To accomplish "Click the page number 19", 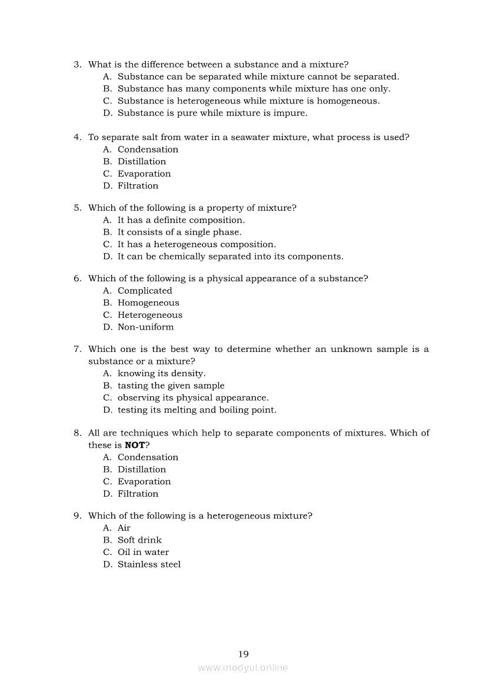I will (244, 654).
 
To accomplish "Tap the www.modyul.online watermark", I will (243, 668).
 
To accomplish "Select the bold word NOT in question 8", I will (135, 445).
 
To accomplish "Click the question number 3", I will (77, 65).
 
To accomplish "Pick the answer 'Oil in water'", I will (143, 552).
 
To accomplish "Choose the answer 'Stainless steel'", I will (149, 564).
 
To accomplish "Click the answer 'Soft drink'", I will (139, 540).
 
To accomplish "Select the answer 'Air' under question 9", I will (124, 528).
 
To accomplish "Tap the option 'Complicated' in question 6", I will (145, 291).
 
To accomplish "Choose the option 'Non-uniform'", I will (145, 327).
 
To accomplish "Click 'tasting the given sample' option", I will (171, 385).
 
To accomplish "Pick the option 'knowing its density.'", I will (161, 373).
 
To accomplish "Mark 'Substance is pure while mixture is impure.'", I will (212, 113).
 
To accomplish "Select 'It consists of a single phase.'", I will (179, 232).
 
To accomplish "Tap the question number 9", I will (77, 516).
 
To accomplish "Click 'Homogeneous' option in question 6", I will (148, 303).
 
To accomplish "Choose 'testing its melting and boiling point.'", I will (197, 410).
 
